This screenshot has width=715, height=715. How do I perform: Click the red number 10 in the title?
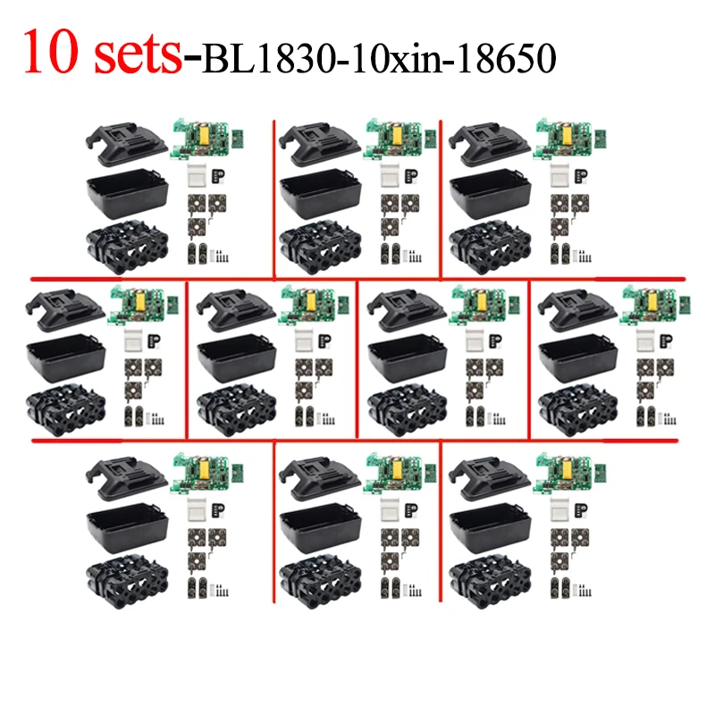[x=55, y=54]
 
